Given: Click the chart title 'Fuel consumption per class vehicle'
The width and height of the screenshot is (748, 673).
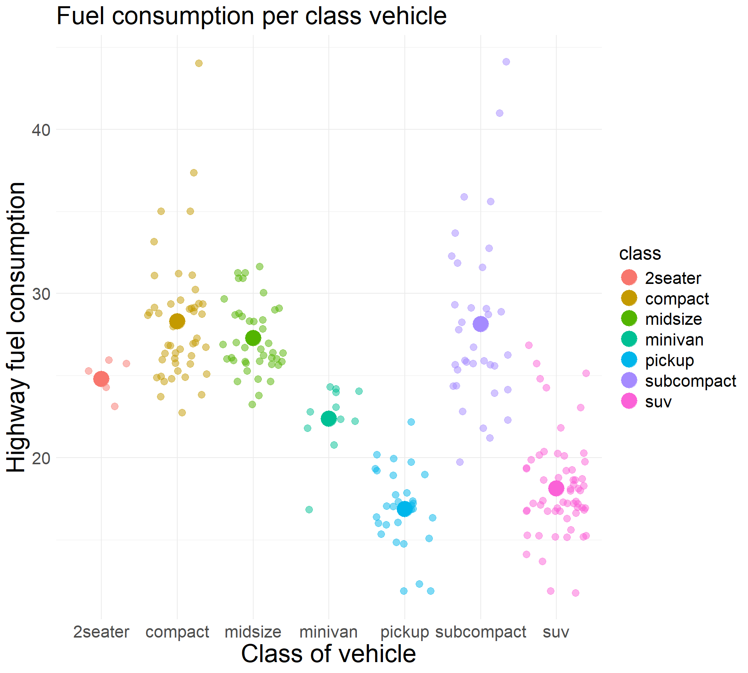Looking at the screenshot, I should click(251, 16).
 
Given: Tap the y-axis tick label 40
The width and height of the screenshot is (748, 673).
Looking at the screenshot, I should click(41, 130).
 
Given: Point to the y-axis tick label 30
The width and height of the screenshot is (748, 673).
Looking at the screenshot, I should click(41, 294).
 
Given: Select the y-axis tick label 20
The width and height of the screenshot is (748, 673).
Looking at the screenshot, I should click(41, 458).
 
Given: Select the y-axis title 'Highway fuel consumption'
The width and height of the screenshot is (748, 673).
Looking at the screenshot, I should click(16, 327).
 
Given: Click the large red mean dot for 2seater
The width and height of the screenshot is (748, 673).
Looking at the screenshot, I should click(101, 379).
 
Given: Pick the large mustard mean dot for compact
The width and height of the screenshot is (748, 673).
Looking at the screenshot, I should click(177, 321).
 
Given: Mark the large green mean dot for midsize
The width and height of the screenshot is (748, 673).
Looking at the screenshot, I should click(253, 338).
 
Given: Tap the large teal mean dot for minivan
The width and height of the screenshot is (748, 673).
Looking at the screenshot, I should click(328, 419).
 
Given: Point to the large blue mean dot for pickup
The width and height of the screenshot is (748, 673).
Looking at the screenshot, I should click(405, 509).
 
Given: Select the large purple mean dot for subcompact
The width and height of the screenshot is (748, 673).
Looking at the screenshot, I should click(480, 324).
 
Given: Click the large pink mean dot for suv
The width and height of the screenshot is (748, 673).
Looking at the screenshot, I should click(556, 488).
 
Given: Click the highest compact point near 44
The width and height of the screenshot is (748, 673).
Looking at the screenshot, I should click(199, 63).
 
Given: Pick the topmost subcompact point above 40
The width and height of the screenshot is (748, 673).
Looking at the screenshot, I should click(506, 62).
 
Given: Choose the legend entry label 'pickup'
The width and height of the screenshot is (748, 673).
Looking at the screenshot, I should click(669, 360).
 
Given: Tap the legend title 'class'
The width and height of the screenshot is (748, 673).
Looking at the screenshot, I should click(640, 254).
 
